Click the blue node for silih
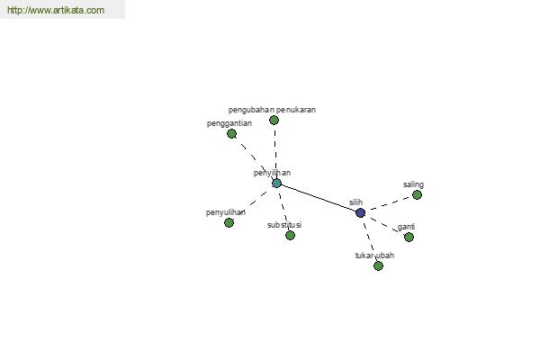pos(360,213)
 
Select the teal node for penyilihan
pos(276,184)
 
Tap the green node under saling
pos(417,195)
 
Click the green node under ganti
pos(409,237)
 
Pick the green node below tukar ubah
pos(378,266)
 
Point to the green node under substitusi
pos(290,235)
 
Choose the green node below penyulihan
pos(229,223)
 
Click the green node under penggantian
pos(232,134)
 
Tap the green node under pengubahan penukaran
pos(274,121)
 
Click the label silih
pos(355,202)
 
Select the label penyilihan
pos(272,173)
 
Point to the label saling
pos(413,184)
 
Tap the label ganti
pos(406,227)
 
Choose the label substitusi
pos(284,225)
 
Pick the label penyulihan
pos(226,212)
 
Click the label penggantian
pos(229,123)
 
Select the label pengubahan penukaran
pos(272,110)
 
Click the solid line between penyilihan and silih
pos(319,198)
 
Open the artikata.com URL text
pos(56,10)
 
